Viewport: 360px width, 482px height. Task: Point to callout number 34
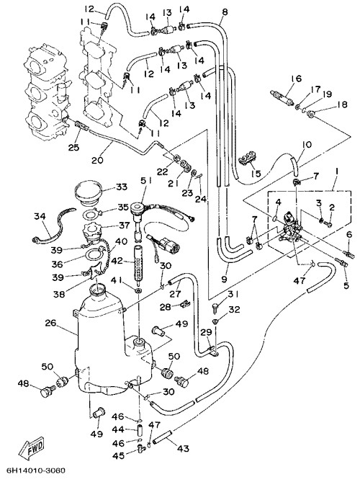pyautogui.click(x=40, y=216)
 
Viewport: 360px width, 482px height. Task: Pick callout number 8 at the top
pyautogui.click(x=225, y=12)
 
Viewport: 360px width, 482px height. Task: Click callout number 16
pyautogui.click(x=297, y=79)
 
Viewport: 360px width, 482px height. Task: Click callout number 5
pyautogui.click(x=346, y=285)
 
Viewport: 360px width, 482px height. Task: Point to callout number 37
pyautogui.click(x=125, y=226)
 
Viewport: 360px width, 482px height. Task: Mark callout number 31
pyautogui.click(x=233, y=295)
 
